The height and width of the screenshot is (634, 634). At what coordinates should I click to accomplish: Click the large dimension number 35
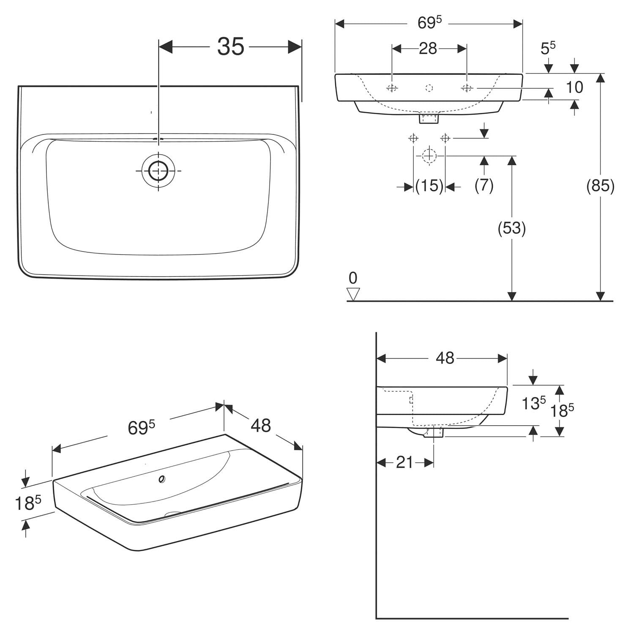point(231,46)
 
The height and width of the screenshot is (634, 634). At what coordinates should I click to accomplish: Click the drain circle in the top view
point(158,170)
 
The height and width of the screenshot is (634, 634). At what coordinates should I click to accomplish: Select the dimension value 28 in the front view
point(428,49)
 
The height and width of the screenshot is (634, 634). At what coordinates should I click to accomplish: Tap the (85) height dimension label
point(600,186)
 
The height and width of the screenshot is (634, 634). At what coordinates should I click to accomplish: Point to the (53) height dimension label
point(511,228)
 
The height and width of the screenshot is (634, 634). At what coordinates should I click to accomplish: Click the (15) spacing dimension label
point(429,186)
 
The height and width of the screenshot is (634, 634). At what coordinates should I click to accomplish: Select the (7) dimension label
point(484,185)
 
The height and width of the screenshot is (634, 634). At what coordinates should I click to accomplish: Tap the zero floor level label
point(353,278)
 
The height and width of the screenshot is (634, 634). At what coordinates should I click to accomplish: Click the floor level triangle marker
point(353,294)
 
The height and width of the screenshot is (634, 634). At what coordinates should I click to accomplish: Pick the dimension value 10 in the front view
point(574,87)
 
